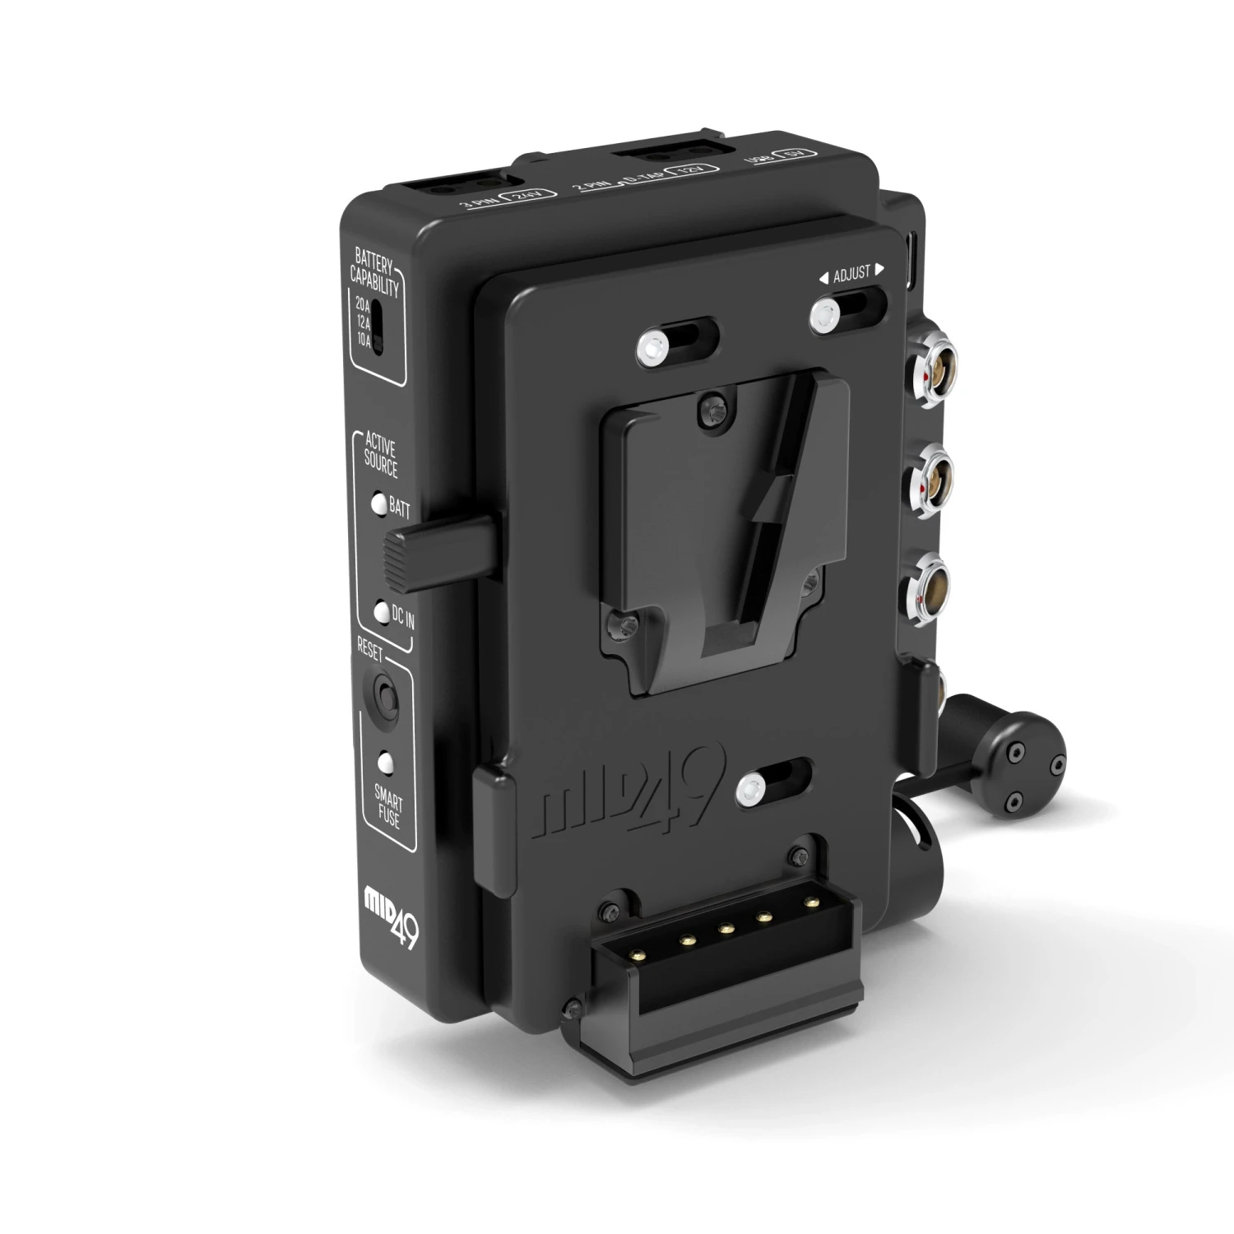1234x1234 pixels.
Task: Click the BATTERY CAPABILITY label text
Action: (376, 275)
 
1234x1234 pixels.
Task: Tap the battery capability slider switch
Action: (378, 327)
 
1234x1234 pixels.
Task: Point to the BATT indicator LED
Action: (378, 504)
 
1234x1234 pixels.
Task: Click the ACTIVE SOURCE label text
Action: (381, 458)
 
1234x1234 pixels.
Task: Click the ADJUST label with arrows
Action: (851, 273)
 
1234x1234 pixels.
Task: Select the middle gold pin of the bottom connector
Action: (726, 929)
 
